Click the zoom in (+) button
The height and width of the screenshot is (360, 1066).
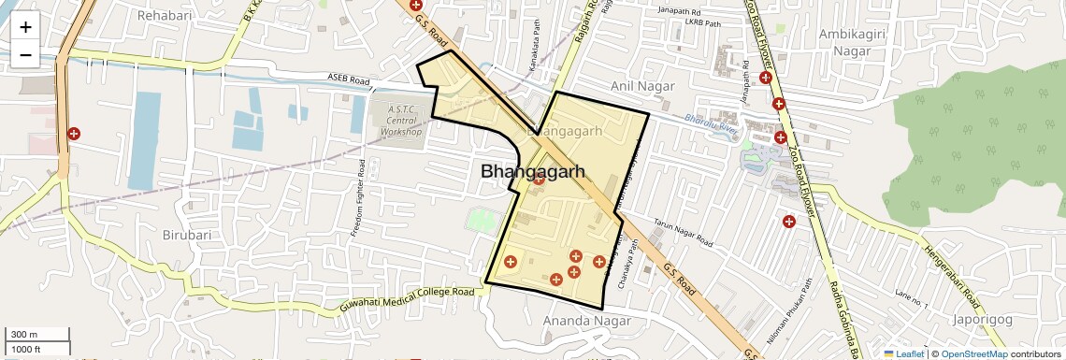pyautogui.click(x=25, y=27)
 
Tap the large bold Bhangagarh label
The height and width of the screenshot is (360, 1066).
pyautogui.click(x=532, y=172)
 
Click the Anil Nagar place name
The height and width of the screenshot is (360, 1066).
pyautogui.click(x=642, y=86)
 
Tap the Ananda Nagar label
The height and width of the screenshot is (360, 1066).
pyautogui.click(x=586, y=321)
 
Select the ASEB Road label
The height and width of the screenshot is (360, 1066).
pyautogui.click(x=349, y=78)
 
